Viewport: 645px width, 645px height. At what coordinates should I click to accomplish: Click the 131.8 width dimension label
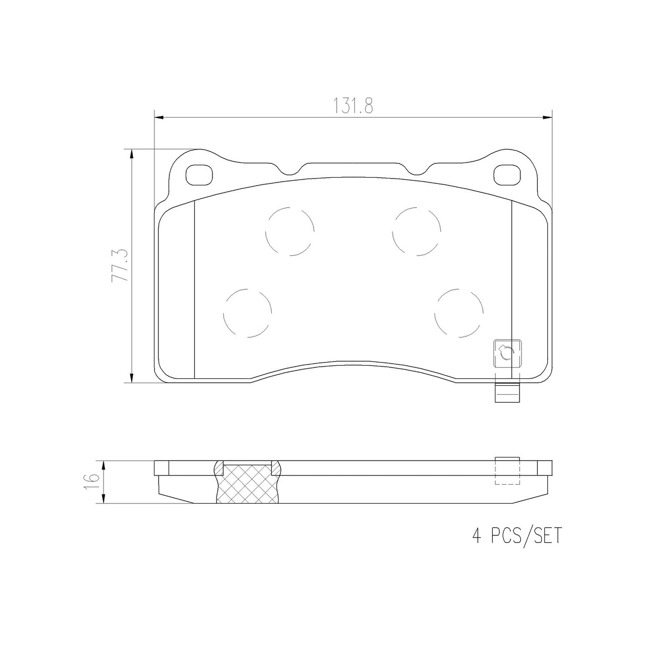pyautogui.click(x=353, y=106)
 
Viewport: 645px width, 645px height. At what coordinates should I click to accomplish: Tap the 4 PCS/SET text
pyautogui.click(x=516, y=535)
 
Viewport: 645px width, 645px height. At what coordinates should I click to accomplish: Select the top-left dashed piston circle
pyautogui.click(x=290, y=231)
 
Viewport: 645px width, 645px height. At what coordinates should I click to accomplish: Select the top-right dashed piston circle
pyautogui.click(x=416, y=231)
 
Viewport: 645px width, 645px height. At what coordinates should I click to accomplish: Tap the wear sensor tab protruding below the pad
pyautogui.click(x=508, y=393)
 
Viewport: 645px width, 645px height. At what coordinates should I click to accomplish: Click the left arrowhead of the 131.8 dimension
pyautogui.click(x=158, y=118)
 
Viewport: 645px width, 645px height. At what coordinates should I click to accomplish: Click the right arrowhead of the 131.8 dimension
pyautogui.click(x=548, y=118)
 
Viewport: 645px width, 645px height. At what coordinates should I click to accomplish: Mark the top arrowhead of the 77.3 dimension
pyautogui.click(x=131, y=154)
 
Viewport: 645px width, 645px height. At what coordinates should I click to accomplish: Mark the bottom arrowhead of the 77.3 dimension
pyautogui.click(x=131, y=379)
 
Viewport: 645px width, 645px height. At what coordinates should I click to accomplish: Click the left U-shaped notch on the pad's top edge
pyautogui.click(x=292, y=170)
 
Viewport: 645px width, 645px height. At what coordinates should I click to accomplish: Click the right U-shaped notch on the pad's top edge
pyautogui.click(x=418, y=170)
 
